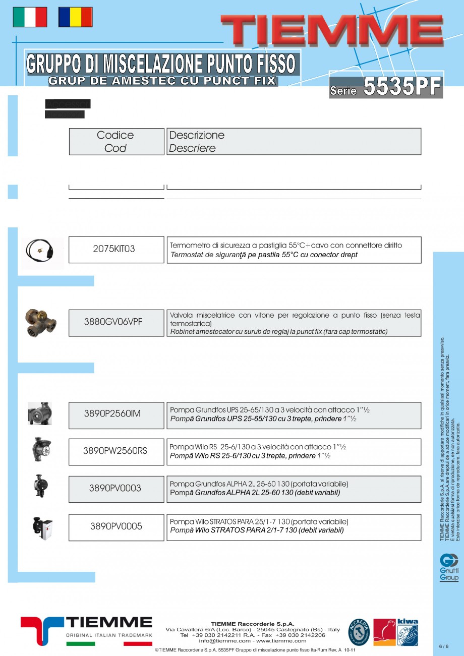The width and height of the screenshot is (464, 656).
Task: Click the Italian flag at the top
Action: (30, 17)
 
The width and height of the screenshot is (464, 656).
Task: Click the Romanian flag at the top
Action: (75, 17)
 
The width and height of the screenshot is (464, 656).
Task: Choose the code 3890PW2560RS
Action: (116, 451)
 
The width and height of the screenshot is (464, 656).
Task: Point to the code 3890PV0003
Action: (116, 489)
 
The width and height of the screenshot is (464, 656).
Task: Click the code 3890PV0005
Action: (116, 527)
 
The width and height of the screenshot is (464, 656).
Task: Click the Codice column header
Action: (116, 141)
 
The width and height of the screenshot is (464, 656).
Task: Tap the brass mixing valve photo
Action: (41, 322)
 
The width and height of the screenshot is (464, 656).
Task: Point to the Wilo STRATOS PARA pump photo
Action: (42, 527)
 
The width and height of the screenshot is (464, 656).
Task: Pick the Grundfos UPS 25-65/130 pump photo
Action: (40, 413)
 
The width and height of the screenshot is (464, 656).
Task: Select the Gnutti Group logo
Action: (449, 567)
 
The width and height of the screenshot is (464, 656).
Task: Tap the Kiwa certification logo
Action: (408, 632)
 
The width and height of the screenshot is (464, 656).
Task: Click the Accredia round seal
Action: (359, 632)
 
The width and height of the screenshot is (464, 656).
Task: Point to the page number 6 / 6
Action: (443, 646)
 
